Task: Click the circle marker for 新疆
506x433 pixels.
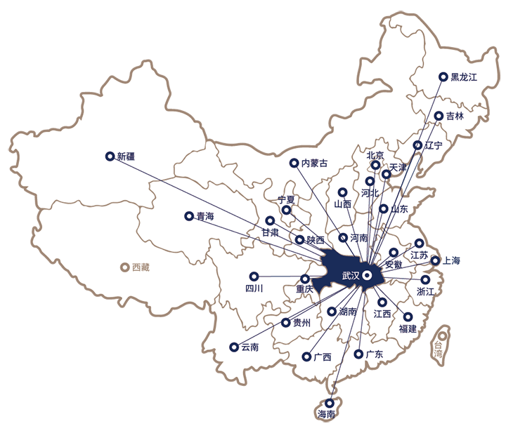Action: tap(109, 156)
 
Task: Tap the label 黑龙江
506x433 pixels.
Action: tap(464, 77)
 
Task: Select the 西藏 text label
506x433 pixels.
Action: tap(141, 267)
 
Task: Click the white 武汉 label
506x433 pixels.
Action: tap(349, 276)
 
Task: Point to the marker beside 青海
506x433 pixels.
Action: tap(188, 216)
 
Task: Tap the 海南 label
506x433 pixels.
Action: tap(326, 414)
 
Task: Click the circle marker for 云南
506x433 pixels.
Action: tap(233, 347)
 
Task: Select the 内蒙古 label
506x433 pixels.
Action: tap(314, 164)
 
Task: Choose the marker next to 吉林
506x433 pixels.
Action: tap(439, 116)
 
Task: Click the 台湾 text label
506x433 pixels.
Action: tap(439, 349)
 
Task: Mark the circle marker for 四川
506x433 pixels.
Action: tap(254, 276)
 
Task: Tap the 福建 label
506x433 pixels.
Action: tap(408, 328)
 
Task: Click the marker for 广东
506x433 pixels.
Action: tap(358, 354)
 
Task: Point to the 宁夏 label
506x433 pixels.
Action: tap(286, 200)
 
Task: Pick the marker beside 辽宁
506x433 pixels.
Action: tap(418, 145)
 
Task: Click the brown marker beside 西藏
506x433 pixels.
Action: tap(124, 267)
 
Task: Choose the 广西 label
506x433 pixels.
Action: tap(323, 357)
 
